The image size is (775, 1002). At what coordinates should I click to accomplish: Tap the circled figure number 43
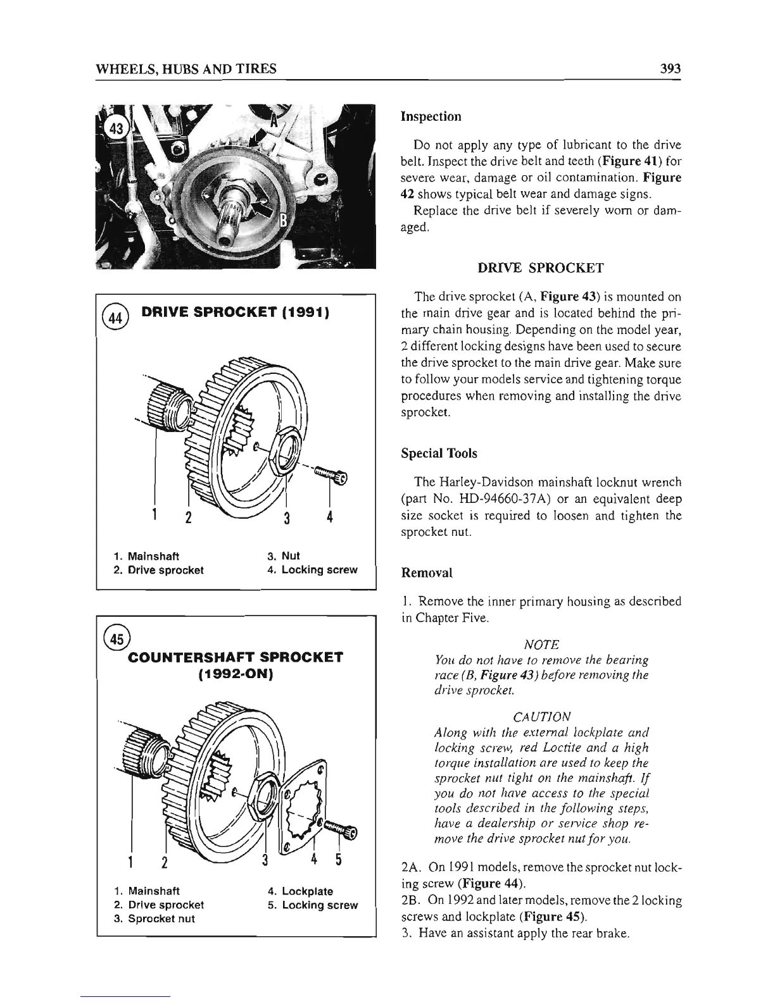click(117, 128)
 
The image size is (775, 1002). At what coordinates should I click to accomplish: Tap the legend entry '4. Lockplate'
click(300, 891)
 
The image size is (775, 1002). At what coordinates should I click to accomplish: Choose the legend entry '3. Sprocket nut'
click(161, 918)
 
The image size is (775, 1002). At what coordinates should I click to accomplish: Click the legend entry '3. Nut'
click(284, 556)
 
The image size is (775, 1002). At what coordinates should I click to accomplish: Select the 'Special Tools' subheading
click(439, 454)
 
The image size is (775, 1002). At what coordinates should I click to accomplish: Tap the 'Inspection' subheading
click(431, 116)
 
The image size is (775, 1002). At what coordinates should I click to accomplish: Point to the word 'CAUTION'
click(541, 717)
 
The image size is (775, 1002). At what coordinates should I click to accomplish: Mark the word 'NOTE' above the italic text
click(541, 645)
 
